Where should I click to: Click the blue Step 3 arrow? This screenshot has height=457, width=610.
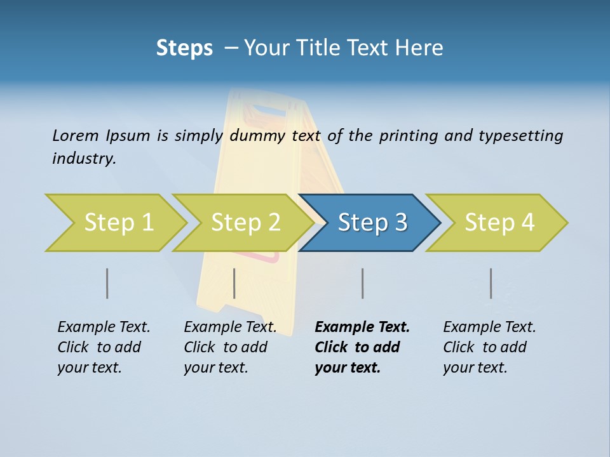[372, 223]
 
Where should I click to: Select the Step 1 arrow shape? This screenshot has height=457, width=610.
[118, 223]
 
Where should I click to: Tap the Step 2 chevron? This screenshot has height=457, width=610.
[245, 223]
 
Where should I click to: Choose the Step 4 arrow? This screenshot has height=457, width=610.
[499, 223]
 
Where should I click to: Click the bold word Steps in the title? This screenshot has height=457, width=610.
[184, 48]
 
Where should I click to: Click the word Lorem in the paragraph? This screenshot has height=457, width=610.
[75, 136]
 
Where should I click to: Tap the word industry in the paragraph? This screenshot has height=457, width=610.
[84, 159]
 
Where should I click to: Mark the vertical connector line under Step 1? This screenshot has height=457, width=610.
[107, 283]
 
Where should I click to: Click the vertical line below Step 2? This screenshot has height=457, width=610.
[234, 283]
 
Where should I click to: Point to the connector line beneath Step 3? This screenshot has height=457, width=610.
[362, 283]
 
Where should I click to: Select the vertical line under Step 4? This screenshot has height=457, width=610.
[491, 283]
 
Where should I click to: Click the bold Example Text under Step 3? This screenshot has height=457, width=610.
[362, 328]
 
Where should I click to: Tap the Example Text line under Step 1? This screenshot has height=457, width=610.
[104, 328]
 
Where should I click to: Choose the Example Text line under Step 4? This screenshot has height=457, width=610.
[489, 328]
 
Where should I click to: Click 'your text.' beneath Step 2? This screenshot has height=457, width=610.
[215, 368]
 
